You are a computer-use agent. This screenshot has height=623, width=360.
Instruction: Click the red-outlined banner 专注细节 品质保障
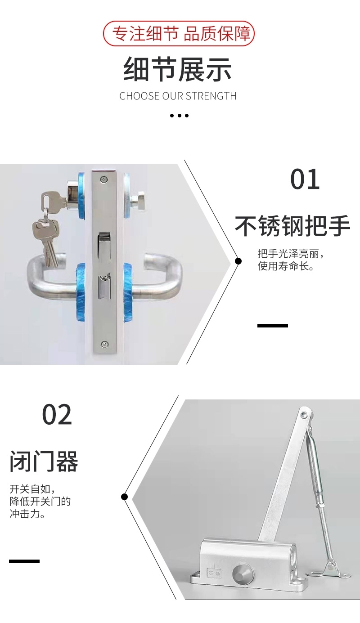tap(179, 33)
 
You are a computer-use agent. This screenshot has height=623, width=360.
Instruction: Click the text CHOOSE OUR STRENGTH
tap(178, 96)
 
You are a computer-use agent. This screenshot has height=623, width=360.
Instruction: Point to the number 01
tap(305, 179)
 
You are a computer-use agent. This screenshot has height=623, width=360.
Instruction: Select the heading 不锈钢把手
tap(292, 226)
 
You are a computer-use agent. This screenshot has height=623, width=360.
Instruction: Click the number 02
tap(57, 415)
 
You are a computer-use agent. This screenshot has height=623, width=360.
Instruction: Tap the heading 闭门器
tap(44, 462)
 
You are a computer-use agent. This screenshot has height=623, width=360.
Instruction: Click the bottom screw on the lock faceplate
tap(105, 344)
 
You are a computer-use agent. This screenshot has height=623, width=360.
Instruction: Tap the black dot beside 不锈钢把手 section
tap(238, 261)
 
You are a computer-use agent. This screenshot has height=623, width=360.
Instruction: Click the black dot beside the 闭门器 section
tap(125, 497)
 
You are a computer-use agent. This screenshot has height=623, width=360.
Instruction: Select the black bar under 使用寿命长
tap(272, 325)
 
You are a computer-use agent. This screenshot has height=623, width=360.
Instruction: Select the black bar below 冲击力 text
tap(24, 561)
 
